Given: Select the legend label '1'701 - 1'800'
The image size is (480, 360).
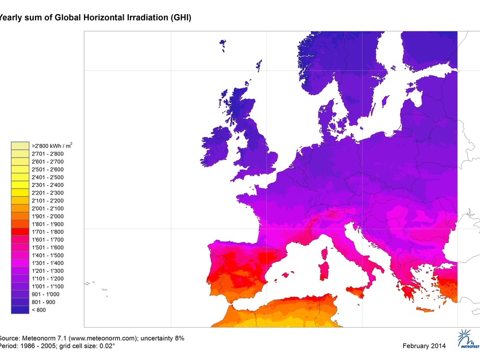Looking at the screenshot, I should point(47,232).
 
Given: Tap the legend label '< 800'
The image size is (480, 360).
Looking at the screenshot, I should point(40,309).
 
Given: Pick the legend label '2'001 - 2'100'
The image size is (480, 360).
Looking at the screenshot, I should point(47,208).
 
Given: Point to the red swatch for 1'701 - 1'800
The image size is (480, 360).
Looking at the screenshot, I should point(20,232).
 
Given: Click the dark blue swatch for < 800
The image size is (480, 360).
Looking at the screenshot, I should point(20,309).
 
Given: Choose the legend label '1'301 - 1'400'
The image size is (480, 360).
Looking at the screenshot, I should point(47,263).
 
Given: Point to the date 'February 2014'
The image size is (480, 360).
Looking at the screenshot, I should point(425,346).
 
